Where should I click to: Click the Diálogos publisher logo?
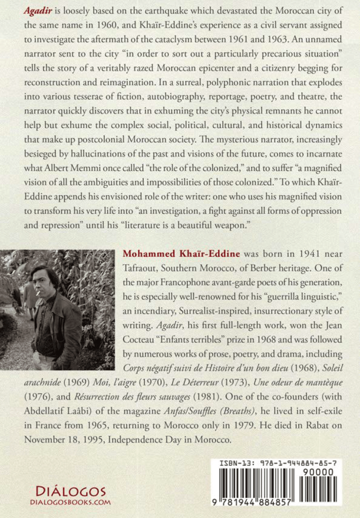(70, 491)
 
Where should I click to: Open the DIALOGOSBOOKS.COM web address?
(70, 502)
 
